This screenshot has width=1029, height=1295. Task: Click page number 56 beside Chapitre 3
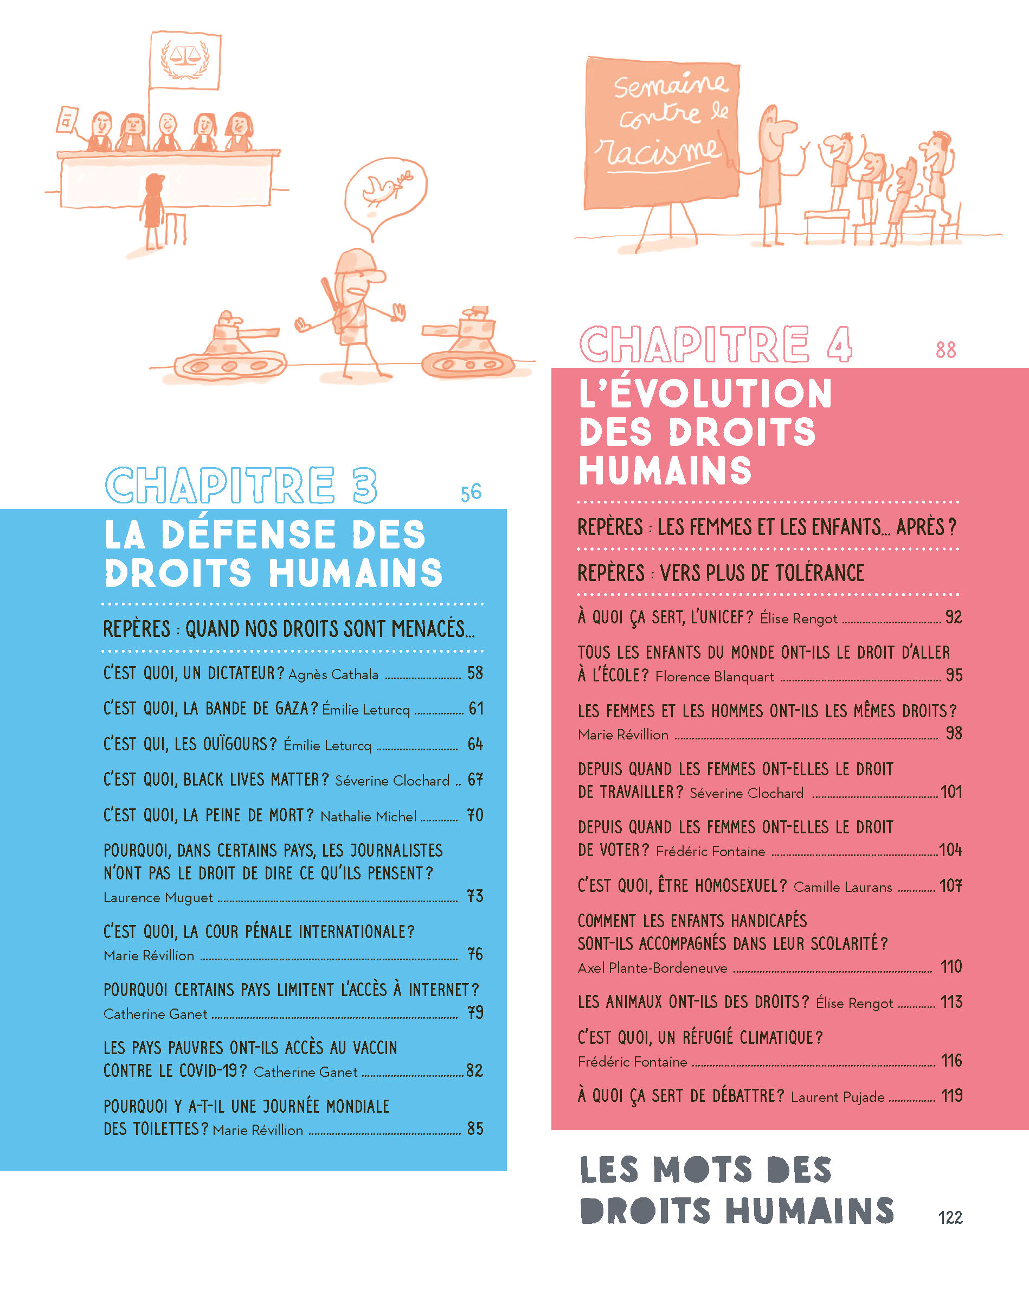pos(471,493)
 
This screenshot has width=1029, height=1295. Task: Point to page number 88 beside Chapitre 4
pos(946,349)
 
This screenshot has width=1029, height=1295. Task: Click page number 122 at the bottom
pos(950,1217)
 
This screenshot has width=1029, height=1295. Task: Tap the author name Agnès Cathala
pos(333,674)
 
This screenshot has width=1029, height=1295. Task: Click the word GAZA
pos(296,709)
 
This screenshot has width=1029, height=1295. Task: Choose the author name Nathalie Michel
pos(368,816)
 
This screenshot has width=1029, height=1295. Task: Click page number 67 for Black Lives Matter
pos(475,780)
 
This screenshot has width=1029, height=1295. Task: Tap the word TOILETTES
pos(166,1128)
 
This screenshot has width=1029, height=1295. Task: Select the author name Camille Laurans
pos(843,887)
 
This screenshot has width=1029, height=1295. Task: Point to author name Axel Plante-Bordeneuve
pos(652,968)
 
